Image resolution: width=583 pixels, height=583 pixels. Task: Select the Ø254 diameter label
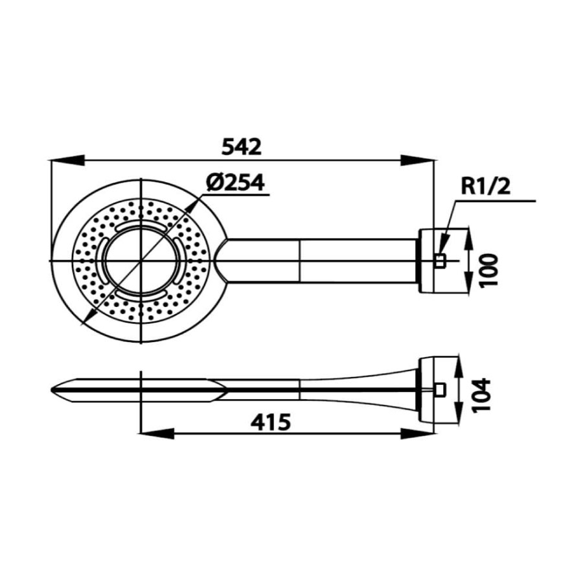pyautogui.click(x=236, y=183)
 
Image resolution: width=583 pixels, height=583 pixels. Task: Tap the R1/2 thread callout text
pyautogui.click(x=486, y=187)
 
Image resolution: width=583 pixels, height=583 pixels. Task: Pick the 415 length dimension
pyautogui.click(x=270, y=423)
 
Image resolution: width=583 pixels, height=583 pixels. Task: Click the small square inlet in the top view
pyautogui.click(x=440, y=261)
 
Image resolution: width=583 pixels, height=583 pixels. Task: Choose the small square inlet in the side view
pyautogui.click(x=440, y=389)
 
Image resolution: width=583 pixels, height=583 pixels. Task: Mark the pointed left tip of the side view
pyautogui.click(x=53, y=390)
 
